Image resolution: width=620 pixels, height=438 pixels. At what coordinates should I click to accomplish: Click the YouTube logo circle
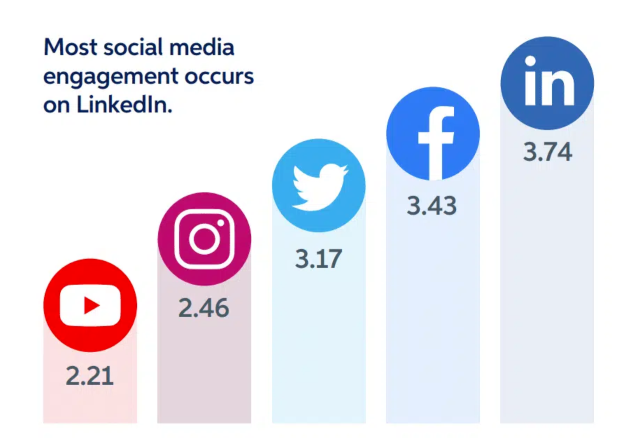pos(90,305)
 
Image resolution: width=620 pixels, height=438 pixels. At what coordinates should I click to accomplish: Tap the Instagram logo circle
pos(204,239)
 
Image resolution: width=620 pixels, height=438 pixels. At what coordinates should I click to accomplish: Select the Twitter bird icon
pos(319,186)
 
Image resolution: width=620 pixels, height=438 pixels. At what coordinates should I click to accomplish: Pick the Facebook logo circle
pos(433,134)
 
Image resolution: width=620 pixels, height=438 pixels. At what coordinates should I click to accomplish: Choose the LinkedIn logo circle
pos(547,83)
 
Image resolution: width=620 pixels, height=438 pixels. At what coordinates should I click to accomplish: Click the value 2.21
pos(90,376)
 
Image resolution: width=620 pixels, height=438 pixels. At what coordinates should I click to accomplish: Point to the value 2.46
pos(204,308)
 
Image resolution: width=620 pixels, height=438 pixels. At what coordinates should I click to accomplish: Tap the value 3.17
pos(319,259)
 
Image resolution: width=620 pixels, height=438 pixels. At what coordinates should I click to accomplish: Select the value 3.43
pos(432,206)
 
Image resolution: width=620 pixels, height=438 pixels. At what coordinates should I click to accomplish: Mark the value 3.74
pos(548,152)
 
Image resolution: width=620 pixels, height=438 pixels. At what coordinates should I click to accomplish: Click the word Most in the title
pos(70,47)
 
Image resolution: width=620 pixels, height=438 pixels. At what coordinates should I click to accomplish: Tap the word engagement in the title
pos(111,77)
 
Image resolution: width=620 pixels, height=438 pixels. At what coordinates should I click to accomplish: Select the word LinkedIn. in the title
pos(124,105)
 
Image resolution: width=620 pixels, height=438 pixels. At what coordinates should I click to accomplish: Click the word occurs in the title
pos(219,77)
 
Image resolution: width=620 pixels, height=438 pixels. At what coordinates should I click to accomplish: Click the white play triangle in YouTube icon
pos(91,305)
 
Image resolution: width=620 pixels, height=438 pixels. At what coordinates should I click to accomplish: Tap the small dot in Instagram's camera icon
pos(221,223)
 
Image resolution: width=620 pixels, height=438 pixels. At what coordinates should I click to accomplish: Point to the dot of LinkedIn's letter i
pos(531,61)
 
